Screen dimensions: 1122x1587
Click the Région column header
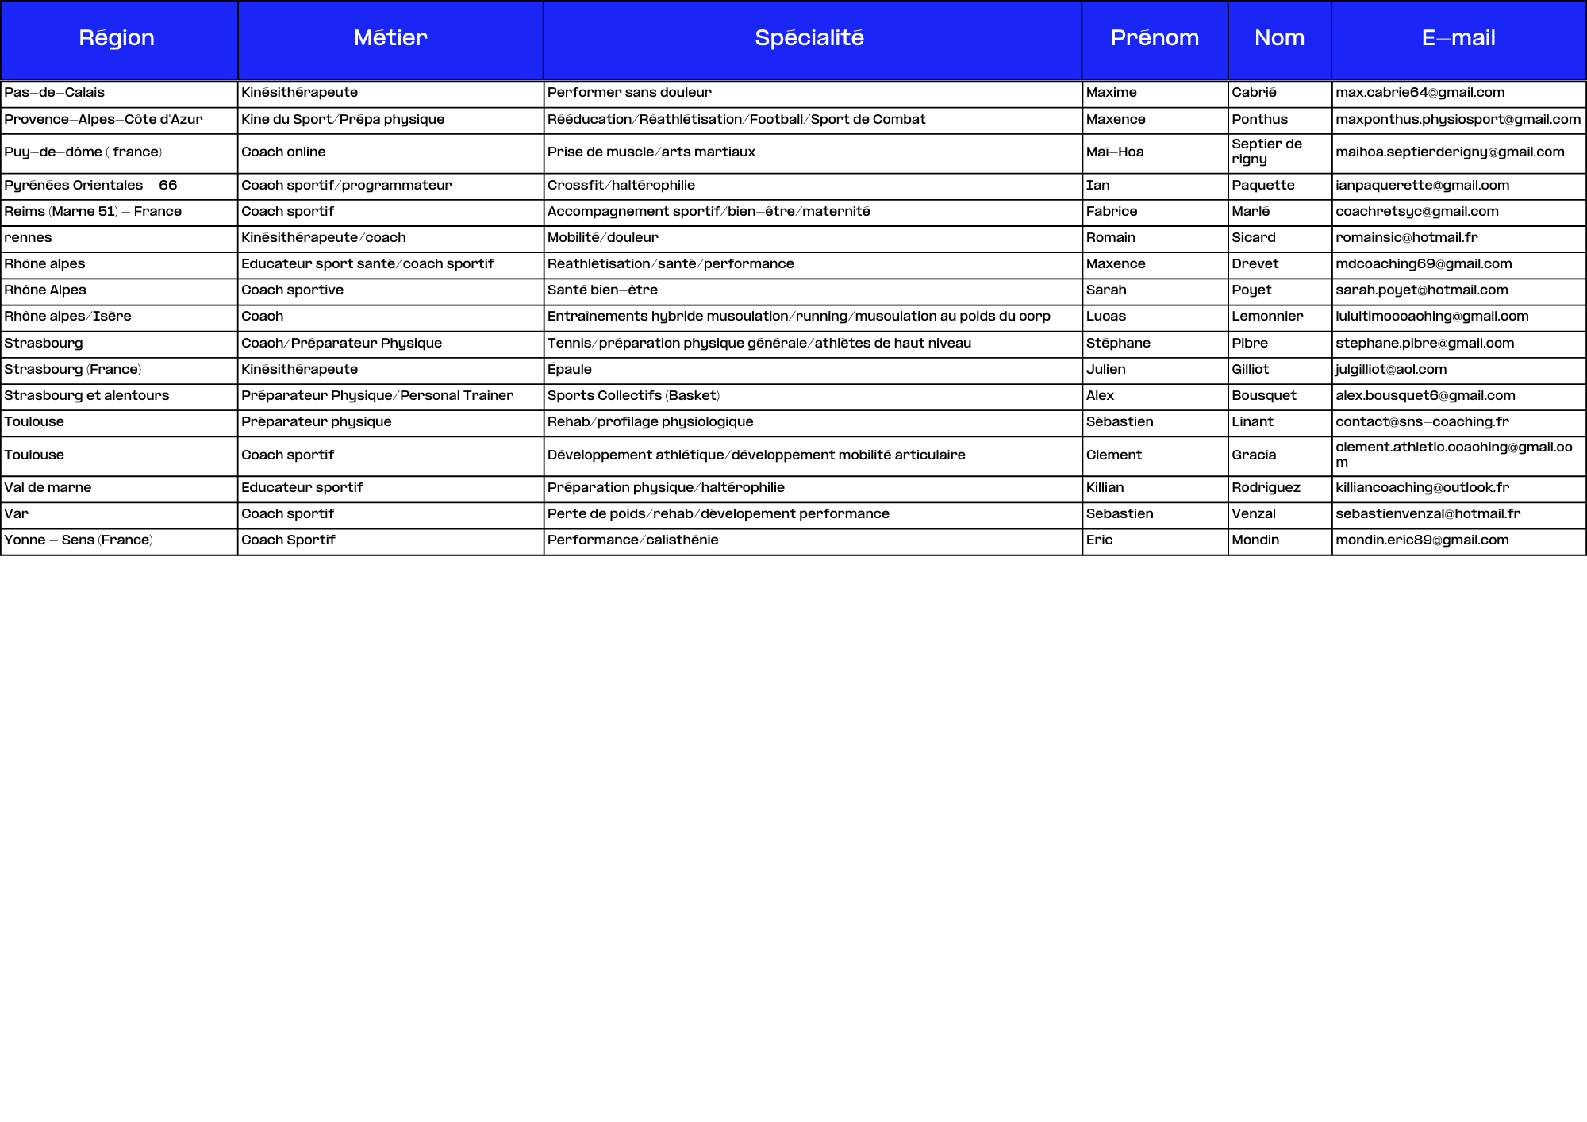click(117, 38)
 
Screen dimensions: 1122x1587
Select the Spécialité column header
click(809, 38)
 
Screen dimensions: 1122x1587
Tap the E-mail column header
click(1458, 38)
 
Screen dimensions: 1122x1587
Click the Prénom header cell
click(1155, 38)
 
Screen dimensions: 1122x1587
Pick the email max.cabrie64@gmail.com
click(1420, 93)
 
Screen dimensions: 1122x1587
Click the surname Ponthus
click(1259, 120)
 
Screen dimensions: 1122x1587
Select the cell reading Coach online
click(283, 152)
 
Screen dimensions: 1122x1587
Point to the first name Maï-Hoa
click(1115, 152)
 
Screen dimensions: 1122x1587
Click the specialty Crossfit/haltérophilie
click(621, 186)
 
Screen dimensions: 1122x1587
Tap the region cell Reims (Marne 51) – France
click(93, 212)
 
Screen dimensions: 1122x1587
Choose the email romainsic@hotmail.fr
click(1406, 238)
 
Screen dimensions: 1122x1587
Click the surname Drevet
click(1255, 264)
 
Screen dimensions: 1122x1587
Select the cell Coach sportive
click(292, 290)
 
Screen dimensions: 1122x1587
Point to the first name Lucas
click(1105, 317)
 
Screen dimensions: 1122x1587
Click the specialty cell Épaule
click(569, 370)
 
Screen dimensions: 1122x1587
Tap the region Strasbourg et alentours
click(86, 396)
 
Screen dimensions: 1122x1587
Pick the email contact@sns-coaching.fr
click(1422, 422)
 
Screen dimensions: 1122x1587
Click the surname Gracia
click(1254, 455)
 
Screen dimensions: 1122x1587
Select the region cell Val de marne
click(48, 488)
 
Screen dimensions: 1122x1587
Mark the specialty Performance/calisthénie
click(632, 540)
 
